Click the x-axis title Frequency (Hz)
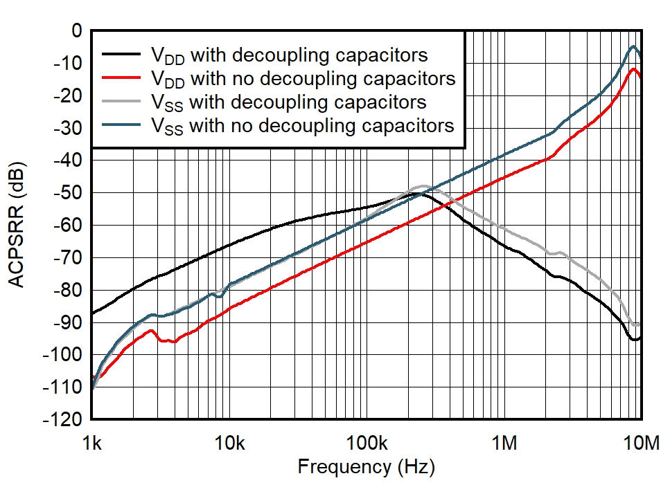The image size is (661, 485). (366, 466)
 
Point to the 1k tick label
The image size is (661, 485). (91, 441)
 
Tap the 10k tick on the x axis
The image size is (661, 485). (229, 441)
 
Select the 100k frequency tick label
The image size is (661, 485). (367, 441)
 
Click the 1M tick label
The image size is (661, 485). (504, 441)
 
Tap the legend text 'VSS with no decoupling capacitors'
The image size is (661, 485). (302, 126)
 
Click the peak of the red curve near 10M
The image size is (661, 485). (633, 68)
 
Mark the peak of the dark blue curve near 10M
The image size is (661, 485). (633, 46)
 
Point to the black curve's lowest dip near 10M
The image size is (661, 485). (633, 340)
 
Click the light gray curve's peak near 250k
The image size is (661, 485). (423, 186)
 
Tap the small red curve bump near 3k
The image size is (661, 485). (151, 331)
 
